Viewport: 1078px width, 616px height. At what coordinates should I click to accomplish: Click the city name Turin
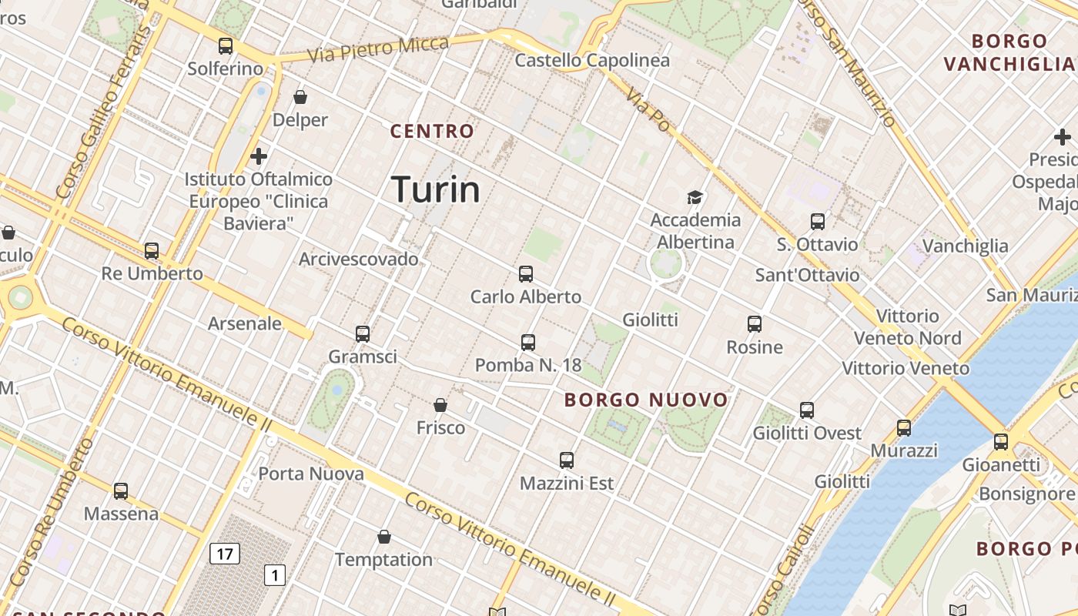[x=436, y=189]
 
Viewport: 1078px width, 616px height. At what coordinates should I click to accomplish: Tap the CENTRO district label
[x=432, y=131]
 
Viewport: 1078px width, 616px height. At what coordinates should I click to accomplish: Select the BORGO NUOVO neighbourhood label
[x=646, y=400]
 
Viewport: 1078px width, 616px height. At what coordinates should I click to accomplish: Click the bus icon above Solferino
[x=226, y=46]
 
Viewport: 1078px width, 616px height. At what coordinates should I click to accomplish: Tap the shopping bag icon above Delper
[x=300, y=97]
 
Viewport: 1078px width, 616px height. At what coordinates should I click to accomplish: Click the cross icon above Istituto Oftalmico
[x=259, y=156]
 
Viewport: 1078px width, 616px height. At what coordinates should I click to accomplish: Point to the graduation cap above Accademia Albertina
[x=695, y=197]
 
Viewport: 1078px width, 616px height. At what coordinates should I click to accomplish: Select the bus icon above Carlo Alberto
[x=526, y=273]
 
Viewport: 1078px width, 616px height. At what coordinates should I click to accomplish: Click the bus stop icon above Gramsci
[x=363, y=334]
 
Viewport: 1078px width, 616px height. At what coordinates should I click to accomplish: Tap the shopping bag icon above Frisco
[x=440, y=405]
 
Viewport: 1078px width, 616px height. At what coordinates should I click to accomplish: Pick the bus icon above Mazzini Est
[x=567, y=460]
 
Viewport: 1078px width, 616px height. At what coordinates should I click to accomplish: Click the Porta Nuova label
[x=311, y=474]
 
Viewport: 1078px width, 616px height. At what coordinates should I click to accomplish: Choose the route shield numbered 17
[x=225, y=553]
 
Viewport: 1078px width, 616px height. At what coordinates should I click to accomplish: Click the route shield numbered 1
[x=275, y=574]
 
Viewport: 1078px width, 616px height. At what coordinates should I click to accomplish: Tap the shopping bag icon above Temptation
[x=384, y=537]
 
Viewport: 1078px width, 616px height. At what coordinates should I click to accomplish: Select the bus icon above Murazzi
[x=904, y=427]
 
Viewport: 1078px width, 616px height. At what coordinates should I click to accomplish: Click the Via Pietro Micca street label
[x=377, y=49]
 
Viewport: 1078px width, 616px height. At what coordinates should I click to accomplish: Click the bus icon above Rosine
[x=755, y=324]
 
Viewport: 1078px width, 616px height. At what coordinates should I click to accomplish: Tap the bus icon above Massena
[x=121, y=490]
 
